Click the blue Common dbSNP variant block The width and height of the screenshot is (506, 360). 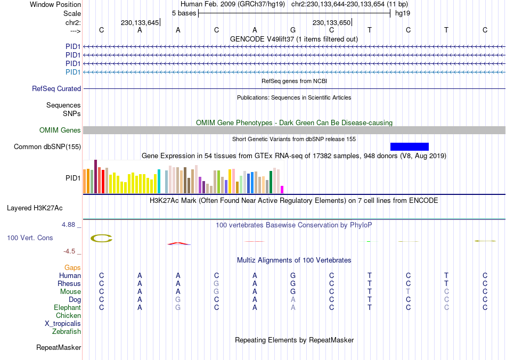tap(409, 146)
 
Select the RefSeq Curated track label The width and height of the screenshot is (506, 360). tap(56, 89)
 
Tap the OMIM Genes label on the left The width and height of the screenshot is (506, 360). tap(60, 130)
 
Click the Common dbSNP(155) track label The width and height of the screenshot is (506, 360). tap(47, 147)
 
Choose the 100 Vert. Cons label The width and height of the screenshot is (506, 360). tap(30, 238)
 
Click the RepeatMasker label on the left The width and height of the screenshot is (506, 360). tap(59, 348)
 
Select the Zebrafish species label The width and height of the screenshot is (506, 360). tap(67, 332)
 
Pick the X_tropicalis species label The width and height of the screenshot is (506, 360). tap(63, 324)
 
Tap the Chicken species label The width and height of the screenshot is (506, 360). tap(68, 316)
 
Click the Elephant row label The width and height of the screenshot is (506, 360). tap(67, 308)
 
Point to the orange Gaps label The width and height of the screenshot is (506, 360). tap(72, 268)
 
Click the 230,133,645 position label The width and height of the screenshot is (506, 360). tap(140, 23)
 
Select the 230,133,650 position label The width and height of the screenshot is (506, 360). tap(331, 23)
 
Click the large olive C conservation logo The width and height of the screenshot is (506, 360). tap(101, 239)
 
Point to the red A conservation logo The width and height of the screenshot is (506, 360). tap(178, 243)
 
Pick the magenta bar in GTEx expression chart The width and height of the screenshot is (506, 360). tap(282, 189)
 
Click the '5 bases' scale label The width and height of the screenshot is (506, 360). tap(184, 13)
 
